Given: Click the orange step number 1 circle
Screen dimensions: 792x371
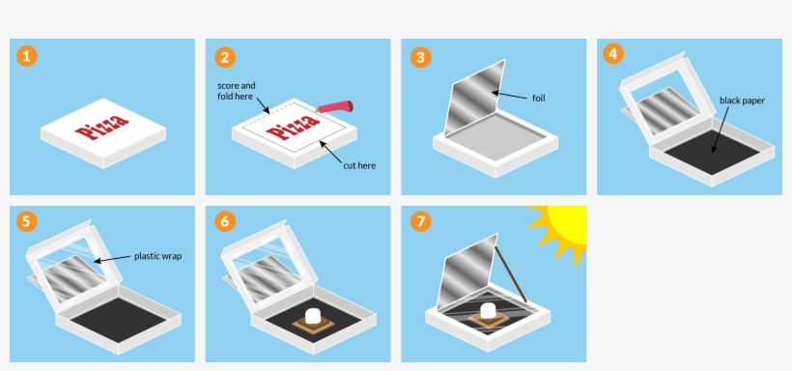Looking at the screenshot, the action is pyautogui.click(x=27, y=56).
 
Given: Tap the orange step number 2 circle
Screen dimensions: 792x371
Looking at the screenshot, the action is pyautogui.click(x=225, y=57).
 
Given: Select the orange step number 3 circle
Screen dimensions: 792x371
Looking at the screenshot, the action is pyautogui.click(x=421, y=57).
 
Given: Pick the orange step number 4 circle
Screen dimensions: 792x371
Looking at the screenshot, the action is pyautogui.click(x=613, y=53).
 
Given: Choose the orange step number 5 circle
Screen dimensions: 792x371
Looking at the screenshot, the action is pyautogui.click(x=27, y=221).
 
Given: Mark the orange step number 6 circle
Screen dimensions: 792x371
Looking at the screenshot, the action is pyautogui.click(x=225, y=221).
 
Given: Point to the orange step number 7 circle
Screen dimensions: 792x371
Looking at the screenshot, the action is pyautogui.click(x=421, y=221).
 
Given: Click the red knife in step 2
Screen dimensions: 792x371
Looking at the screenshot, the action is pyautogui.click(x=334, y=107).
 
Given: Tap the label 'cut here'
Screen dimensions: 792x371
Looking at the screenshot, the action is pyautogui.click(x=359, y=165).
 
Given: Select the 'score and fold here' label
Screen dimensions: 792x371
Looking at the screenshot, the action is pyautogui.click(x=237, y=91).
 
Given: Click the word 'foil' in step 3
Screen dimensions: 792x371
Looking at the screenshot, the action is pyautogui.click(x=538, y=98).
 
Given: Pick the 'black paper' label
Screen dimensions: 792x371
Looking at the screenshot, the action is pyautogui.click(x=742, y=100).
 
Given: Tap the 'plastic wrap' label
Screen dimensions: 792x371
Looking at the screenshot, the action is pyautogui.click(x=157, y=256).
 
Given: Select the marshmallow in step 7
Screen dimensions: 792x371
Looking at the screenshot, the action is pyautogui.click(x=488, y=310).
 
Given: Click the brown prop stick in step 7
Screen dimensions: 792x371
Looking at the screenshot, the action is pyautogui.click(x=511, y=275).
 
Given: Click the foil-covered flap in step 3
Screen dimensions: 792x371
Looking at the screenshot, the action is pyautogui.click(x=475, y=97).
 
